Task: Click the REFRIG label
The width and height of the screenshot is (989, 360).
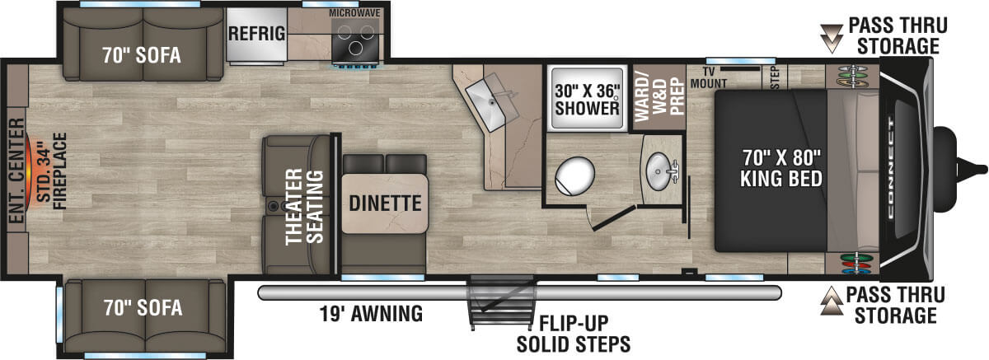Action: [x=257, y=34]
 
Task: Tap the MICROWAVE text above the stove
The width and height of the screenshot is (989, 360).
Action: [x=354, y=13]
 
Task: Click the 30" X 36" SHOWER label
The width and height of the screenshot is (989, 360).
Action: [x=586, y=99]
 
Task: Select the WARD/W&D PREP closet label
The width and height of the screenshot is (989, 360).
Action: [x=659, y=97]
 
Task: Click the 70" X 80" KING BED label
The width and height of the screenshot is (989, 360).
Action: [x=770, y=169]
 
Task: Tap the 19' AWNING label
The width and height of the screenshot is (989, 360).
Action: [x=372, y=313]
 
